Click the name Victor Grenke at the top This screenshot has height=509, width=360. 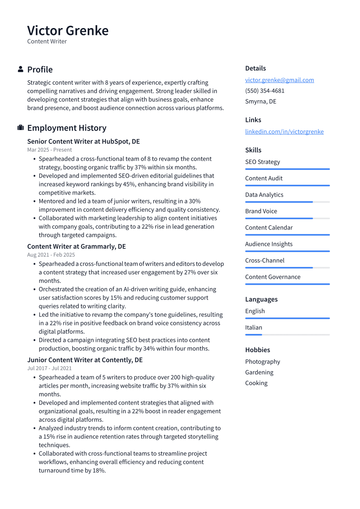point(68,31)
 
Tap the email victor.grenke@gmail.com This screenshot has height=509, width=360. point(279,80)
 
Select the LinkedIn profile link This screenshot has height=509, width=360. point(284,132)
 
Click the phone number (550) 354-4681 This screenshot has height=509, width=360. point(264,91)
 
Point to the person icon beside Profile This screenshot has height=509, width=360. point(20,70)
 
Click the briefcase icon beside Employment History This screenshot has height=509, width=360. point(20,128)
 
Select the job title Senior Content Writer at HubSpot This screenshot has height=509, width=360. point(83,142)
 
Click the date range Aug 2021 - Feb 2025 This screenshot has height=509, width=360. point(51,255)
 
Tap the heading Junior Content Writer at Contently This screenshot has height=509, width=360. point(85,360)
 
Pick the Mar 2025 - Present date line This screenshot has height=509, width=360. point(49,150)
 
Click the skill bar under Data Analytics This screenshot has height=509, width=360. point(287,202)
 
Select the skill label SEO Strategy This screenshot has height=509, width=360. point(262,162)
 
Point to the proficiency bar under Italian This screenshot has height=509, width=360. point(287,335)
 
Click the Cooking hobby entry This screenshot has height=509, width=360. point(256,383)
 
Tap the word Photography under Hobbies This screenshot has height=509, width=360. point(262,362)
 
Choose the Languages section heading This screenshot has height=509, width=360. point(261,299)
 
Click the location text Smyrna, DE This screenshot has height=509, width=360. point(261,102)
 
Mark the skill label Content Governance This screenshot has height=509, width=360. point(273,277)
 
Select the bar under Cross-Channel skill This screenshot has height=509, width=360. point(287,267)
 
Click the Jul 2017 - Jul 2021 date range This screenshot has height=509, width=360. point(49,368)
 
